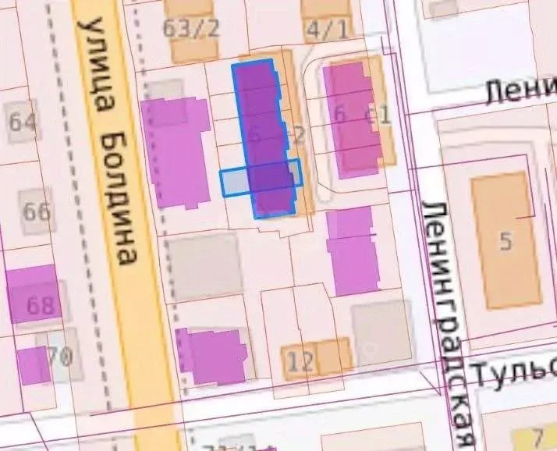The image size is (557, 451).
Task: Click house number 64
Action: tap(23, 122)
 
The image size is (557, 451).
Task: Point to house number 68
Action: tap(39, 305)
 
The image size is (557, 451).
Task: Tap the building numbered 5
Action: tap(506, 241)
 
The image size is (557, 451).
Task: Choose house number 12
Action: tap(301, 361)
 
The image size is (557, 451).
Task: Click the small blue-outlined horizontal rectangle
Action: tap(234, 183)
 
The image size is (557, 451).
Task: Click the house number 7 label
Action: tap(537, 435)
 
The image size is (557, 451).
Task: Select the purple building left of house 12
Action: tap(212, 357)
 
